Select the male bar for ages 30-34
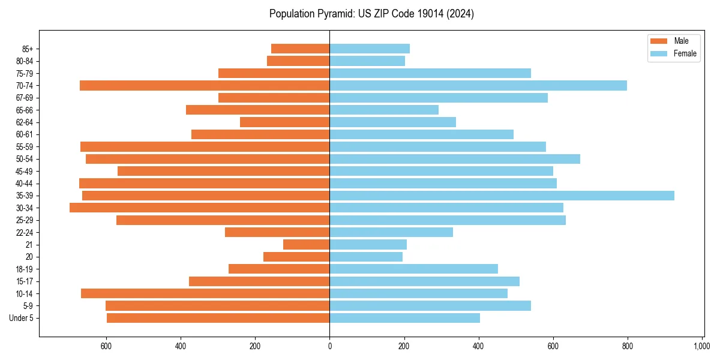(199, 208)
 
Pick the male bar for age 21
(306, 244)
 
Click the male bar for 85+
(300, 49)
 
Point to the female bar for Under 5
(404, 318)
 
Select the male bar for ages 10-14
(205, 293)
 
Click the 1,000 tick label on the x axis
(702, 346)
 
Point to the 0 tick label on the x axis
(329, 346)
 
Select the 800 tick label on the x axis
(627, 346)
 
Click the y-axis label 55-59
(25, 146)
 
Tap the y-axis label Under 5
(22, 318)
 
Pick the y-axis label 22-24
(25, 232)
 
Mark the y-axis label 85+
(27, 49)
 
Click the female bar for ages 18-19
(413, 269)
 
